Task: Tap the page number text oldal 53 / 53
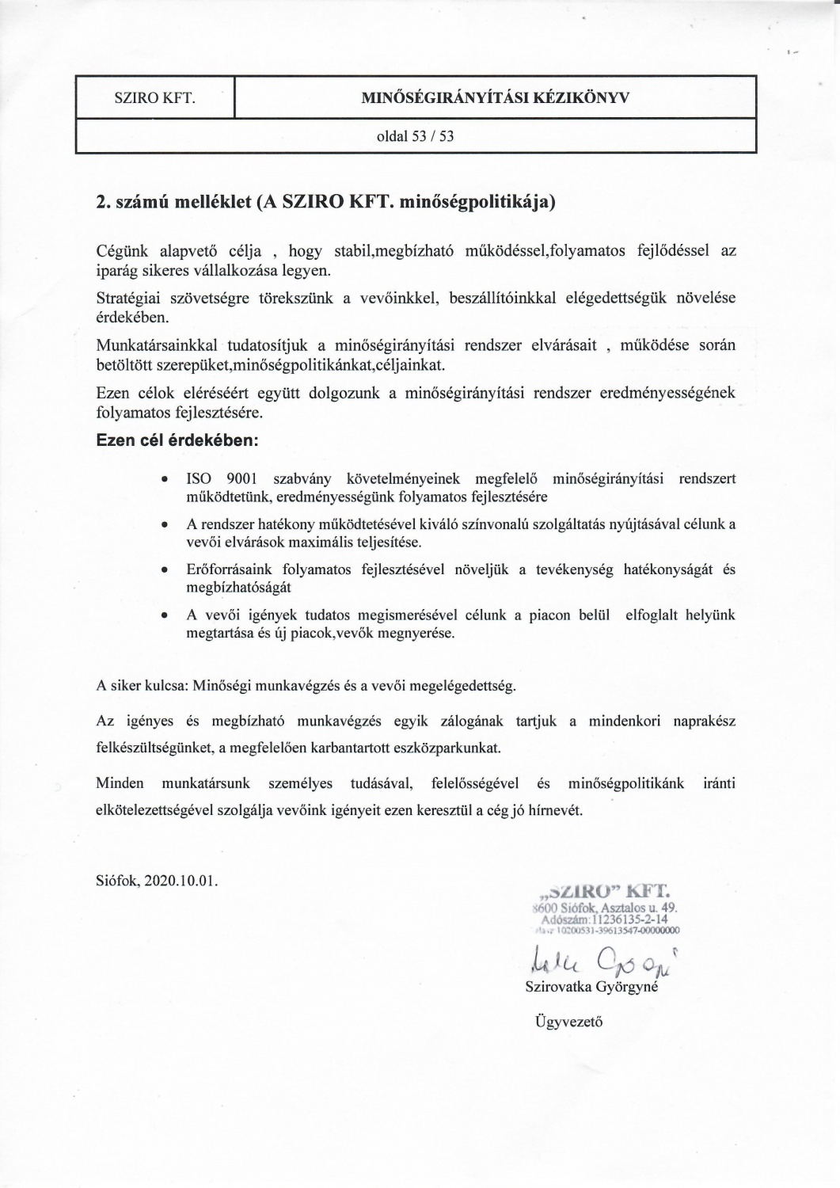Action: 416,136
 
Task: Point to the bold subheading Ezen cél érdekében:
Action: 177,440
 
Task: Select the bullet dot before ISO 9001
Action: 163,480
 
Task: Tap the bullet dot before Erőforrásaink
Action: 163,570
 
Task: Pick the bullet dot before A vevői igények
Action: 163,615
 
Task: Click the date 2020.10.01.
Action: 182,881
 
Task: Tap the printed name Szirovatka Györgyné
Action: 591,987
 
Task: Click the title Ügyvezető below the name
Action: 569,1021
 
